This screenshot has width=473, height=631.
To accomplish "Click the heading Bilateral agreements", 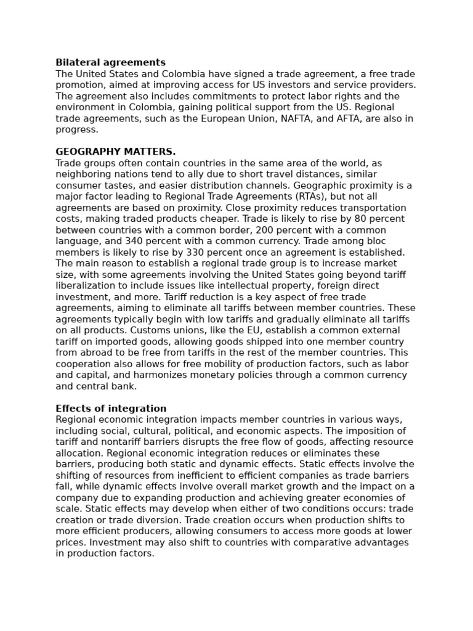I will (x=110, y=63).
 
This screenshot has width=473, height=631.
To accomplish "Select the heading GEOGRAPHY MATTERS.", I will (x=115, y=152).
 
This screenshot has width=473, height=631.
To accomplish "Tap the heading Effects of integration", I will (x=111, y=409).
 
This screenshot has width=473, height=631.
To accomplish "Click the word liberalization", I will (x=84, y=286).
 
